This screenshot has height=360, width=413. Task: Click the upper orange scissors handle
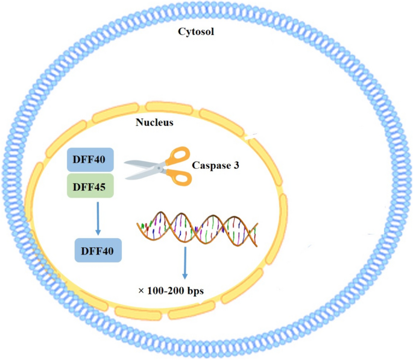click(x=179, y=156)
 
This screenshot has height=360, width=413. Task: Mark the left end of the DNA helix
click(x=140, y=227)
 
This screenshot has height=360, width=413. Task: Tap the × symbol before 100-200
click(x=141, y=291)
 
